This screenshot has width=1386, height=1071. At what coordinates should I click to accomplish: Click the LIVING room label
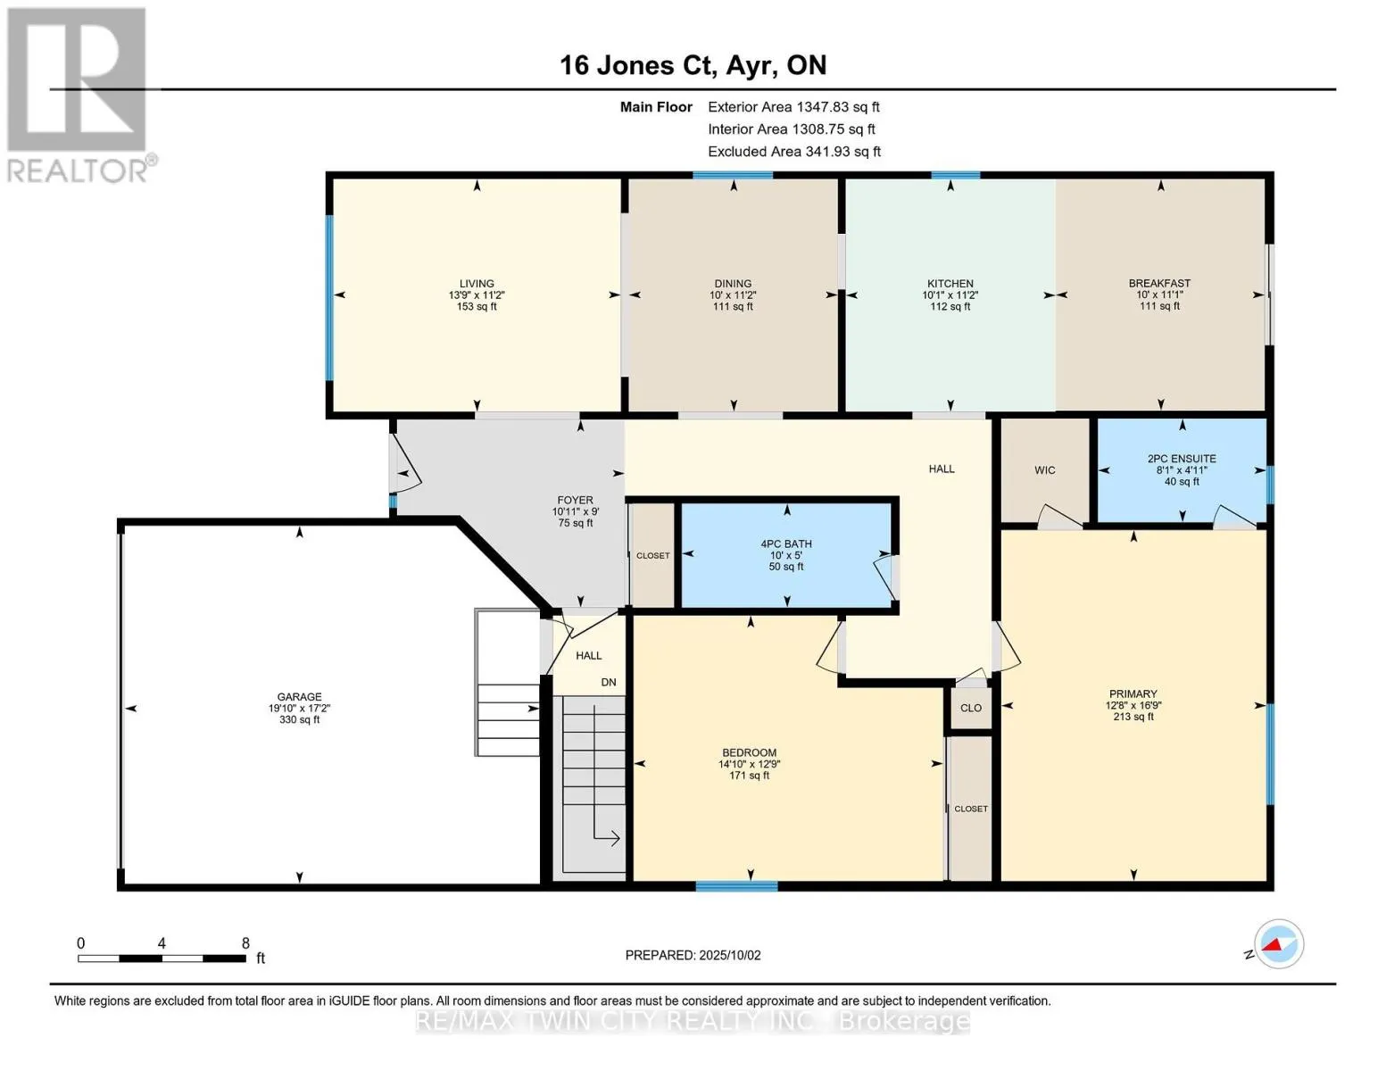pos(477,283)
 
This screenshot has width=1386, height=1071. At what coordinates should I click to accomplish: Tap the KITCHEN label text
pos(950,283)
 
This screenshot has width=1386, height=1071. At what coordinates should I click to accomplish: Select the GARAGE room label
pos(299,696)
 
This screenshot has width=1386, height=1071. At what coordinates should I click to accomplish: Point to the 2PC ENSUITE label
pos(1182,459)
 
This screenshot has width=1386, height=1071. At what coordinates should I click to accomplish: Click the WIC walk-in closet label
pos(1045,470)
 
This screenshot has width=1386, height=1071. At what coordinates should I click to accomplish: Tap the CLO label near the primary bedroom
pos(971,708)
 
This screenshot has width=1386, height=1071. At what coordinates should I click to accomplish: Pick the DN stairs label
pos(609,682)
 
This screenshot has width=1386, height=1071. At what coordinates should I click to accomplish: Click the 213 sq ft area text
pos(1133,717)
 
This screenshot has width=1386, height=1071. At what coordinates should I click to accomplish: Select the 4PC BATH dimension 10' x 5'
pos(785,555)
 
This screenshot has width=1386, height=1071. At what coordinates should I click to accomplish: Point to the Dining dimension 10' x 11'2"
pos(733,295)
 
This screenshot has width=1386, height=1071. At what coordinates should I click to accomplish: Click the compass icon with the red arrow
pos(1278,944)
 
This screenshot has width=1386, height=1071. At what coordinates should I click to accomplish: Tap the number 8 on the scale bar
pos(245,942)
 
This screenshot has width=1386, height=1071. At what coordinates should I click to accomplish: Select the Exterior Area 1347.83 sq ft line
pos(793,106)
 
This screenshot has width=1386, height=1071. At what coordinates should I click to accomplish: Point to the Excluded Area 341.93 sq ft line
pos(794,151)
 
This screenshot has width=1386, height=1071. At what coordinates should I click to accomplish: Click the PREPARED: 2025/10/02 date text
pos(693,955)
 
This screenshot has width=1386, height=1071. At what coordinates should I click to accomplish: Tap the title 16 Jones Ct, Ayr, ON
pos(693,65)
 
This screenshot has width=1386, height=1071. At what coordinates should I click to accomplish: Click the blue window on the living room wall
pos(329,298)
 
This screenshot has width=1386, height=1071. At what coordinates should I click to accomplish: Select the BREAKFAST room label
pos(1159,283)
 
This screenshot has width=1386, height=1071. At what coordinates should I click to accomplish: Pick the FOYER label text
pos(575,500)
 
